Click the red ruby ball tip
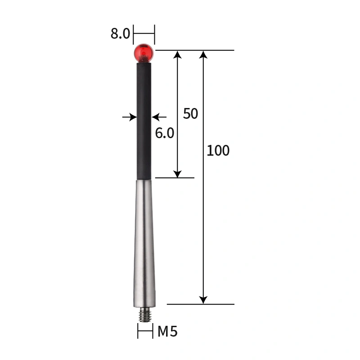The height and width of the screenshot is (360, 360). pos(144,53)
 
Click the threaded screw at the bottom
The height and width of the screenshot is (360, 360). pos(144,314)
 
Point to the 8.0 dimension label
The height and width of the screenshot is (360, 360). pos(120,34)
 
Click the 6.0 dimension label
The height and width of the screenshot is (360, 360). pos(164,133)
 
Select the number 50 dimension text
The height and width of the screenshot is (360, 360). pos(190,114)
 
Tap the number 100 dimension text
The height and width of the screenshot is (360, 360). pos(218,151)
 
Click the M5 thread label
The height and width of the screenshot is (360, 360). pos(167,332)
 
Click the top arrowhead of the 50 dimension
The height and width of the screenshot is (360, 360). pos(177,54)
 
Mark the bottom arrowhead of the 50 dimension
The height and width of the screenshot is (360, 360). pos(177,174)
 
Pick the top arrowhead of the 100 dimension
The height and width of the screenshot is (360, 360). pos(203,54)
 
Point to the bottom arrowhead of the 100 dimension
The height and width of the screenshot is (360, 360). pos(203,300)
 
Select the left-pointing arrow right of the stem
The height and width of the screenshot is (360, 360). pos(156,117)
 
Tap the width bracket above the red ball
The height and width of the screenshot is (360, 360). pos(144,33)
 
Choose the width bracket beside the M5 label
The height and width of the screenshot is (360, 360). pos(144,333)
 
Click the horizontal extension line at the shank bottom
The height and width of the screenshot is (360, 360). pos(200,304)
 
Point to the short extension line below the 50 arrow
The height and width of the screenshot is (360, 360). pos(175,178)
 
